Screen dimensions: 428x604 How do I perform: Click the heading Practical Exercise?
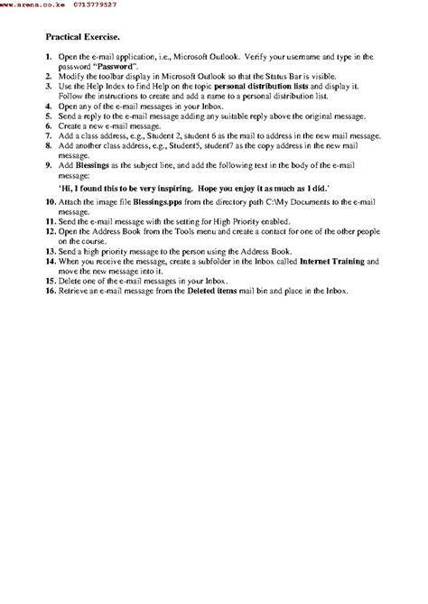[82, 39]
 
